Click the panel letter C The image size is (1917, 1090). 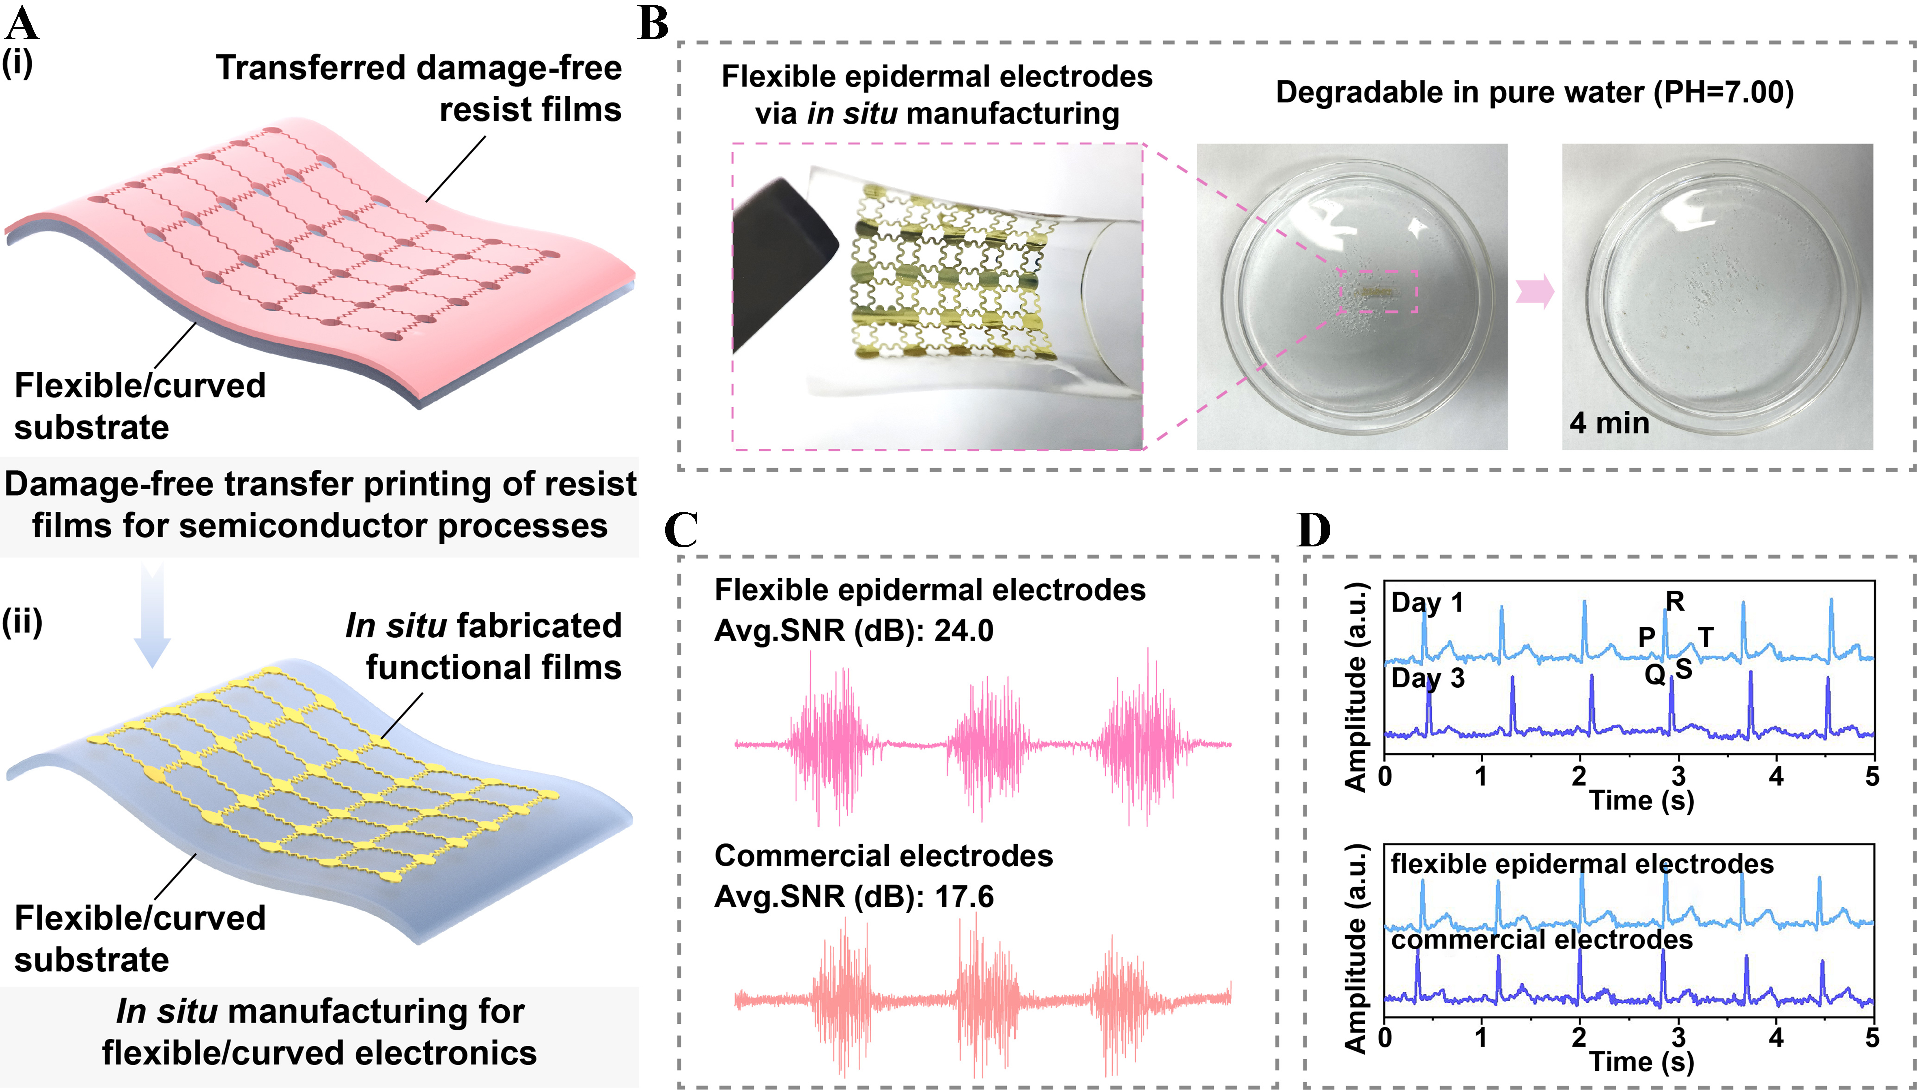pyautogui.click(x=681, y=530)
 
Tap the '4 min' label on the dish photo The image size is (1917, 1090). pyautogui.click(x=1609, y=423)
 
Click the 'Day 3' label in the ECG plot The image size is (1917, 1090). pyautogui.click(x=1427, y=678)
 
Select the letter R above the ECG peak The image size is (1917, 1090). pyautogui.click(x=1675, y=601)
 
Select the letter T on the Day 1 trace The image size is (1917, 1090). pyautogui.click(x=1705, y=637)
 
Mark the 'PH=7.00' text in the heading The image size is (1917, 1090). pyautogui.click(x=1721, y=93)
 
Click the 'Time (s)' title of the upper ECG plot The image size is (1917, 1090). pyautogui.click(x=1641, y=800)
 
